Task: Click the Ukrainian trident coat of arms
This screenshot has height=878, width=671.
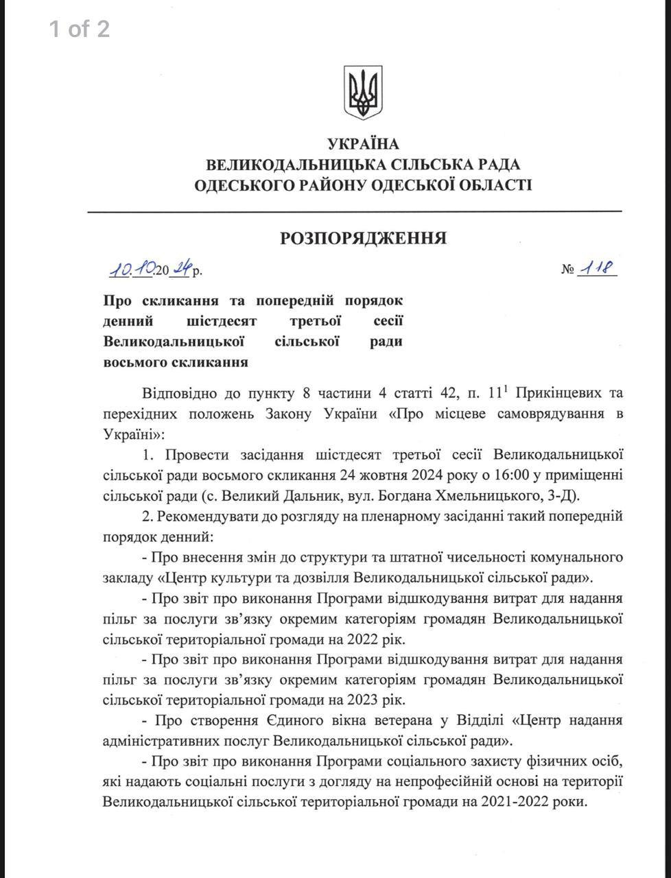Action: pos(363,93)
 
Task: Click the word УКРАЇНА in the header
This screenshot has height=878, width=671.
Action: pos(363,144)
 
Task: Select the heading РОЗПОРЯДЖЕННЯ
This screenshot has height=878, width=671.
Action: pos(363,238)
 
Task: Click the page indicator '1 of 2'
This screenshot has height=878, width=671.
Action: pos(79,29)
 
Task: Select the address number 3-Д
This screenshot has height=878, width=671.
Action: pos(565,495)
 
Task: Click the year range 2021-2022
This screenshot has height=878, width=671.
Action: pos(515,802)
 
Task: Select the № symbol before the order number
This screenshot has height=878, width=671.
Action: pos(567,270)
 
